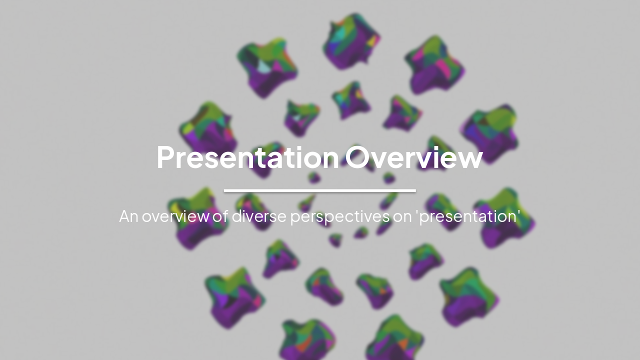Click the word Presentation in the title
tap(248, 157)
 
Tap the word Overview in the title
tap(414, 157)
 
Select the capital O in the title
tap(359, 157)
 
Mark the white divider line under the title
tap(320, 190)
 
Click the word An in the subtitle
tap(128, 216)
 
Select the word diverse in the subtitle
tap(259, 216)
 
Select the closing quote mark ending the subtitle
tap(519, 212)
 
